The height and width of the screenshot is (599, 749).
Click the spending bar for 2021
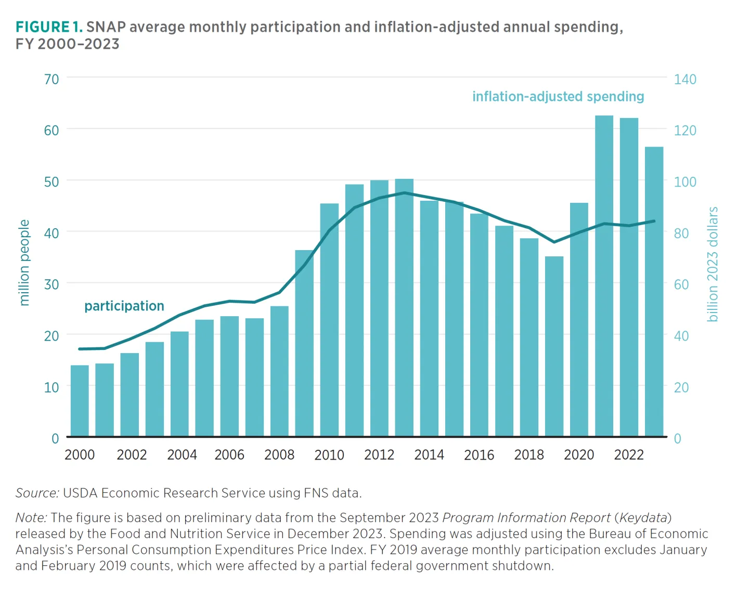tap(604, 276)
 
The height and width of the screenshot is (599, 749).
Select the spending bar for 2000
tap(80, 400)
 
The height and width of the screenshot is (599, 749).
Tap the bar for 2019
tap(554, 346)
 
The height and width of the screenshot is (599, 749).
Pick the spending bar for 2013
tap(404, 307)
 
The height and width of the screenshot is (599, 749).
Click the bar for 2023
tap(654, 291)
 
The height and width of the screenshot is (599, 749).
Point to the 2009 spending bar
tap(304, 343)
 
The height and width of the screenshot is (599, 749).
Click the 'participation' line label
tap(124, 306)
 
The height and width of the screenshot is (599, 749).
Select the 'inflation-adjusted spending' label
tap(558, 97)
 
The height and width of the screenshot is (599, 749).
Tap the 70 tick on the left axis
tap(51, 79)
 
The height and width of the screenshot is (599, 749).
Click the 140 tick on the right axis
tap(685, 79)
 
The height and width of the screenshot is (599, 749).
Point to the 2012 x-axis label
tap(379, 455)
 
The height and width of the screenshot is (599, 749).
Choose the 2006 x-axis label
tap(229, 455)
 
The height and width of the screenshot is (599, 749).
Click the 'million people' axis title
tap(24, 263)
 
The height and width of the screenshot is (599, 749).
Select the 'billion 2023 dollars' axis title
tap(713, 264)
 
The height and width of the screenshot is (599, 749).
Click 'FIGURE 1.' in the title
tap(49, 27)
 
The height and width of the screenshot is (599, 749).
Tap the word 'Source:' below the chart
tap(37, 493)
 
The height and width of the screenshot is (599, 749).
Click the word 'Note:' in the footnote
tap(31, 518)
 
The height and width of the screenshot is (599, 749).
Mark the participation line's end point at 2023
tap(654, 221)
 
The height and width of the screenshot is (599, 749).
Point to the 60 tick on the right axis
tap(681, 284)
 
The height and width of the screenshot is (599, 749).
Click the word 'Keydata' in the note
tap(643, 518)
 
